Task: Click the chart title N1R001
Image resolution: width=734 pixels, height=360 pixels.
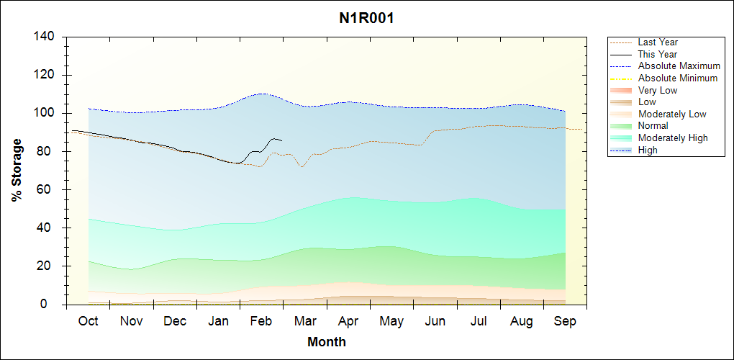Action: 366,18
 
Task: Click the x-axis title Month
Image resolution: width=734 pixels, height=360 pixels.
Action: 327,342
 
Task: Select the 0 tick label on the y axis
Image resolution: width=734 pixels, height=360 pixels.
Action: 53,305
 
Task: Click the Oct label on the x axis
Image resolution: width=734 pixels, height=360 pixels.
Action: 88,321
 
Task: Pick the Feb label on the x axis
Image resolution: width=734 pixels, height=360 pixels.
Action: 261,321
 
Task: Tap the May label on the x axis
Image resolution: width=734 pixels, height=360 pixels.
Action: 391,321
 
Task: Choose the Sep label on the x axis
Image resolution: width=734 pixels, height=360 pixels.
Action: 565,321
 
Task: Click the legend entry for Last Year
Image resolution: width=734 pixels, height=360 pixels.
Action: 658,42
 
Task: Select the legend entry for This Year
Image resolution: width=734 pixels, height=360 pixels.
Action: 658,54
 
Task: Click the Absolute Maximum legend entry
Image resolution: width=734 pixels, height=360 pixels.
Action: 679,66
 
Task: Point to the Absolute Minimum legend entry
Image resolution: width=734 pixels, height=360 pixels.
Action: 678,78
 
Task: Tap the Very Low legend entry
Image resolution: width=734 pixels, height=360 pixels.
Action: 658,90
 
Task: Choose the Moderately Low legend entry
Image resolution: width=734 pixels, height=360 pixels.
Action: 672,114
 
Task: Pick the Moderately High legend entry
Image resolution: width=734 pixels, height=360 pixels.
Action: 673,138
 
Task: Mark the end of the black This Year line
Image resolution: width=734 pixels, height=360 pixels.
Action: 281,140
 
